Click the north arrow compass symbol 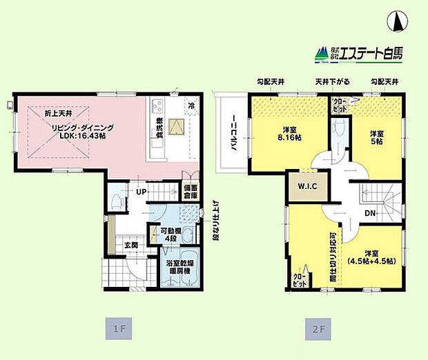point(398,22)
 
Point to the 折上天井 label point(46,112)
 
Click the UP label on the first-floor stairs point(140,191)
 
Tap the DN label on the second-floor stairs point(370,213)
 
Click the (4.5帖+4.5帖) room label point(371,260)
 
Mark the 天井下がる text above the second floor point(332,82)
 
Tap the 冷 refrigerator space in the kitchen point(191,106)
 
